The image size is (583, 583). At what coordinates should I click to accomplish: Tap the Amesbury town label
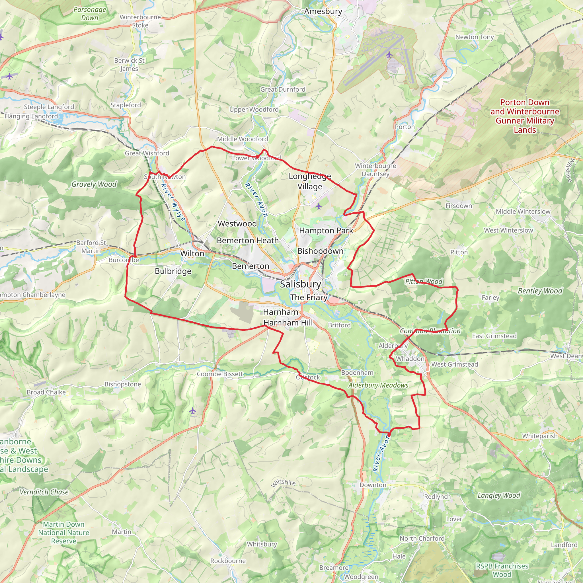pyautogui.click(x=323, y=11)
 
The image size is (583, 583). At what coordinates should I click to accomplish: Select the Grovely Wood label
pyautogui.click(x=94, y=184)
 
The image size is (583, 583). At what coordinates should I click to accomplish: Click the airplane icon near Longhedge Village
pyautogui.click(x=319, y=206)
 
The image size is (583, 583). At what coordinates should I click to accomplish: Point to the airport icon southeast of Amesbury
pyautogui.click(x=389, y=55)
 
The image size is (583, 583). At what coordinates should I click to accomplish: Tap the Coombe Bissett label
pyautogui.click(x=220, y=374)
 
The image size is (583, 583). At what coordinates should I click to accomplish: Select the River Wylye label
pyautogui.click(x=173, y=202)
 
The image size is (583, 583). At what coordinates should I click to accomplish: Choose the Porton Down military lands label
pyautogui.click(x=525, y=116)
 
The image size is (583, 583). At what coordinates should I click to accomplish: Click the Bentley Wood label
pyautogui.click(x=540, y=291)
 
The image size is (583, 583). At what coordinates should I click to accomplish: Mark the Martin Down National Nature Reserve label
pyautogui.click(x=64, y=533)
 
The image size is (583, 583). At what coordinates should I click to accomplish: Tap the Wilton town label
pyautogui.click(x=192, y=253)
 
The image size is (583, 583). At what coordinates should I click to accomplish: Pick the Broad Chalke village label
pyautogui.click(x=46, y=392)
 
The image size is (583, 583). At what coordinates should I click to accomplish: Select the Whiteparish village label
pyautogui.click(x=540, y=436)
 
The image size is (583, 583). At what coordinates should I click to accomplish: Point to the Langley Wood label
pyautogui.click(x=499, y=495)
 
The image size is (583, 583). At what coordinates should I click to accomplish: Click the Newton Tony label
pyautogui.click(x=474, y=37)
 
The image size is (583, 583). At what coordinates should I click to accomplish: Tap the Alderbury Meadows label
pyautogui.click(x=378, y=385)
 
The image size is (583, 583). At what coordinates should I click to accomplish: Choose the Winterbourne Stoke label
pyautogui.click(x=140, y=21)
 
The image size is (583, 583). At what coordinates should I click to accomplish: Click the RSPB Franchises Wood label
pyautogui.click(x=502, y=570)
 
